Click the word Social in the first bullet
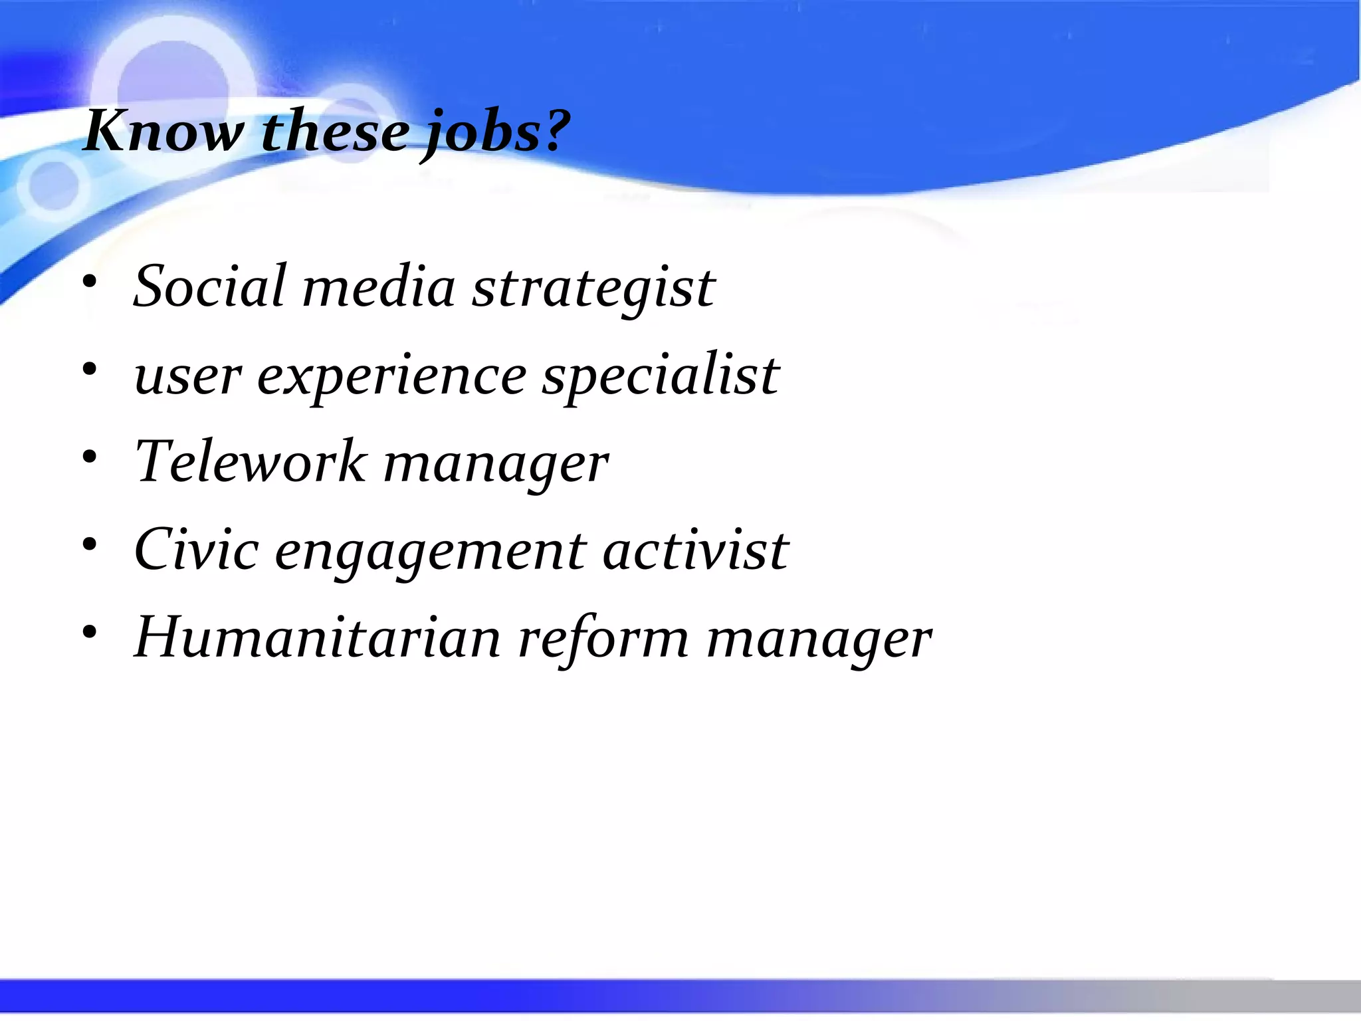[210, 286]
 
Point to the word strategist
[593, 289]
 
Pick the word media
[379, 286]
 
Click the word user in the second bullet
[187, 377]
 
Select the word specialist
[661, 377]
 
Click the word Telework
[250, 462]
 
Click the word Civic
[196, 550]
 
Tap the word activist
[695, 551]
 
